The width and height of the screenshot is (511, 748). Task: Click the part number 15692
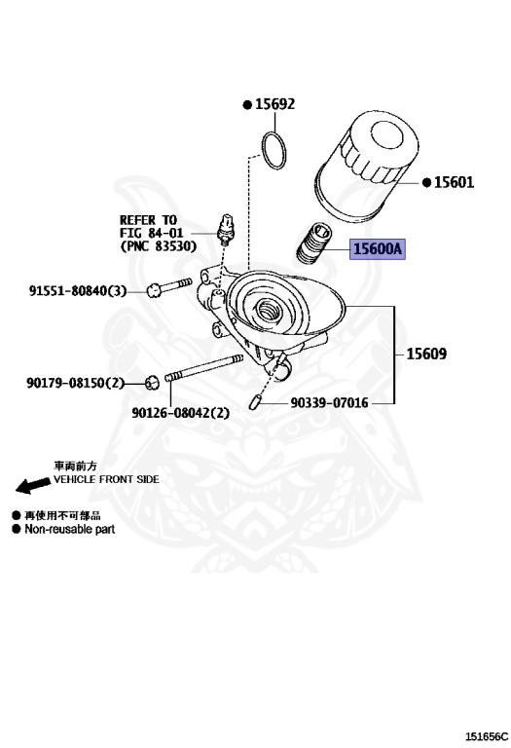pyautogui.click(x=274, y=104)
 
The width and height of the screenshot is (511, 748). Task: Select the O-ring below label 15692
pyautogui.click(x=274, y=148)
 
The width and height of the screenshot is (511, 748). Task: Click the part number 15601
pyautogui.click(x=453, y=182)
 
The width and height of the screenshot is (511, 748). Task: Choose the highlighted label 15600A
pyautogui.click(x=376, y=249)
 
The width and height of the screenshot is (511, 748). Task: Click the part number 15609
pyautogui.click(x=426, y=355)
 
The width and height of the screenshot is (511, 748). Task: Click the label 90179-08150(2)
pyautogui.click(x=77, y=383)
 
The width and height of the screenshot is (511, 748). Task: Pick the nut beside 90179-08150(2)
pyautogui.click(x=153, y=381)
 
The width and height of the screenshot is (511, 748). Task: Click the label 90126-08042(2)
pyautogui.click(x=181, y=412)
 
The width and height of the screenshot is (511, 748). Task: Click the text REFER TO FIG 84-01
pyautogui.click(x=148, y=227)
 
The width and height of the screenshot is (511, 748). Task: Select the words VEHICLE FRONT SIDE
pyautogui.click(x=106, y=480)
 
